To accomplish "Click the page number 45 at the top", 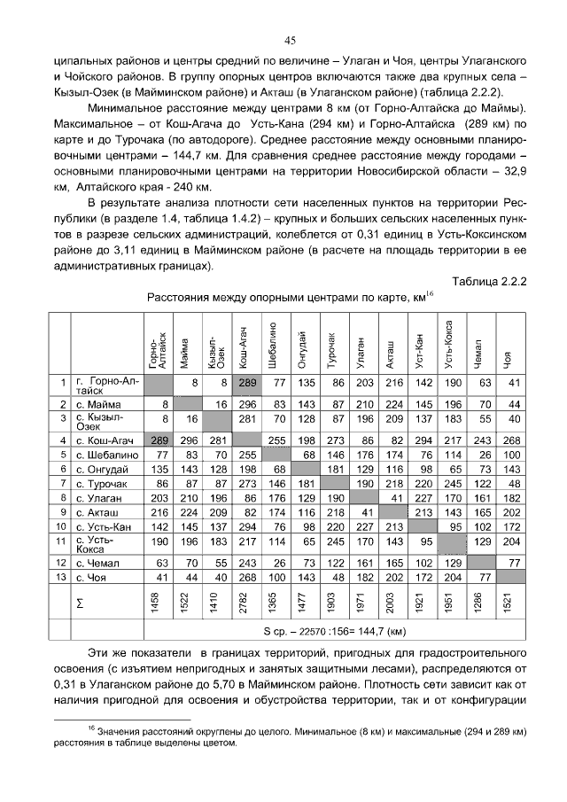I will tap(289, 40).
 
